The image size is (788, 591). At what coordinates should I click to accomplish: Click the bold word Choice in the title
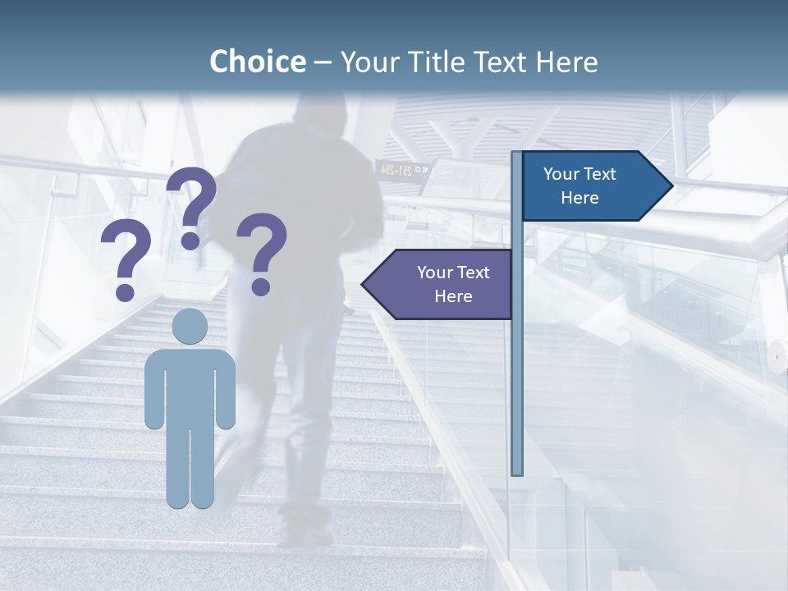pyautogui.click(x=257, y=62)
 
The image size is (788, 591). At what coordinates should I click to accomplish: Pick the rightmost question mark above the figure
pyautogui.click(x=262, y=252)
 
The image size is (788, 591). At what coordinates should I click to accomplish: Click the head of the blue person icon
pyautogui.click(x=190, y=327)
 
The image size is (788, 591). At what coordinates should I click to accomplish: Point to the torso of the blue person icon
pyautogui.click(x=190, y=386)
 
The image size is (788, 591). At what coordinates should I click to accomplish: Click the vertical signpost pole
pyautogui.click(x=516, y=369)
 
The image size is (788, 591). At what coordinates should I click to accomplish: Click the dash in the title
pyautogui.click(x=323, y=62)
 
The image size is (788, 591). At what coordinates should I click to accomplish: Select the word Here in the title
pyautogui.click(x=566, y=62)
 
